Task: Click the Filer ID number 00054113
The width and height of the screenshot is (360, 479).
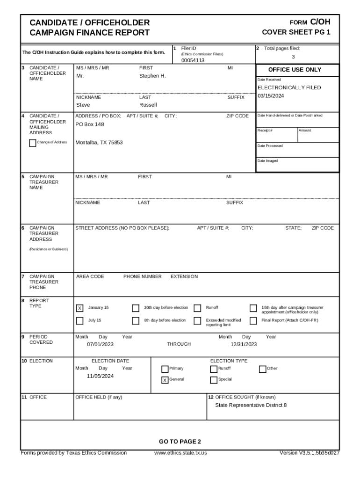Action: click(193, 60)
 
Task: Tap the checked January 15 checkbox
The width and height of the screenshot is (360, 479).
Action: click(79, 308)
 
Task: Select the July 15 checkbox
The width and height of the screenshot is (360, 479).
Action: click(79, 321)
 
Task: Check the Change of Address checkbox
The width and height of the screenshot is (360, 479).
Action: click(32, 143)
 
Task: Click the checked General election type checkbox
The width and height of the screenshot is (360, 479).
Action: click(165, 380)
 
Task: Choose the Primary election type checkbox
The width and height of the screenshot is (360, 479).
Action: click(165, 369)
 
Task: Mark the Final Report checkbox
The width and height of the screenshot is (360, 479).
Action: click(253, 321)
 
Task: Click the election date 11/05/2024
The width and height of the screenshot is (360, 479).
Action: click(100, 376)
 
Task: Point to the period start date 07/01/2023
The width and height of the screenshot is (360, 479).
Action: click(100, 344)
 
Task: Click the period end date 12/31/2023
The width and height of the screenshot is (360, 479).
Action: click(244, 344)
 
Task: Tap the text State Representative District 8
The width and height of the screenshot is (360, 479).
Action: click(251, 405)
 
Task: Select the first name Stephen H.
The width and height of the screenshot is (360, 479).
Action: click(152, 76)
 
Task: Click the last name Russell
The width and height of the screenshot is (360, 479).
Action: click(148, 105)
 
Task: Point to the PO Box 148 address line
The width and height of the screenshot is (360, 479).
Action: click(90, 124)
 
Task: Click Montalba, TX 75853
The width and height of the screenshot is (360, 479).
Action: click(99, 142)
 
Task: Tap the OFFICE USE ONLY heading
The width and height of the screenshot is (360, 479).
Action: click(295, 70)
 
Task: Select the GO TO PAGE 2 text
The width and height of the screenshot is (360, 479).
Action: click(180, 442)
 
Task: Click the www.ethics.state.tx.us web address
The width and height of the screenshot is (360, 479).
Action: click(180, 453)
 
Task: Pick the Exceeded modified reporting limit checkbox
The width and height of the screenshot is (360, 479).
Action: click(197, 321)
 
